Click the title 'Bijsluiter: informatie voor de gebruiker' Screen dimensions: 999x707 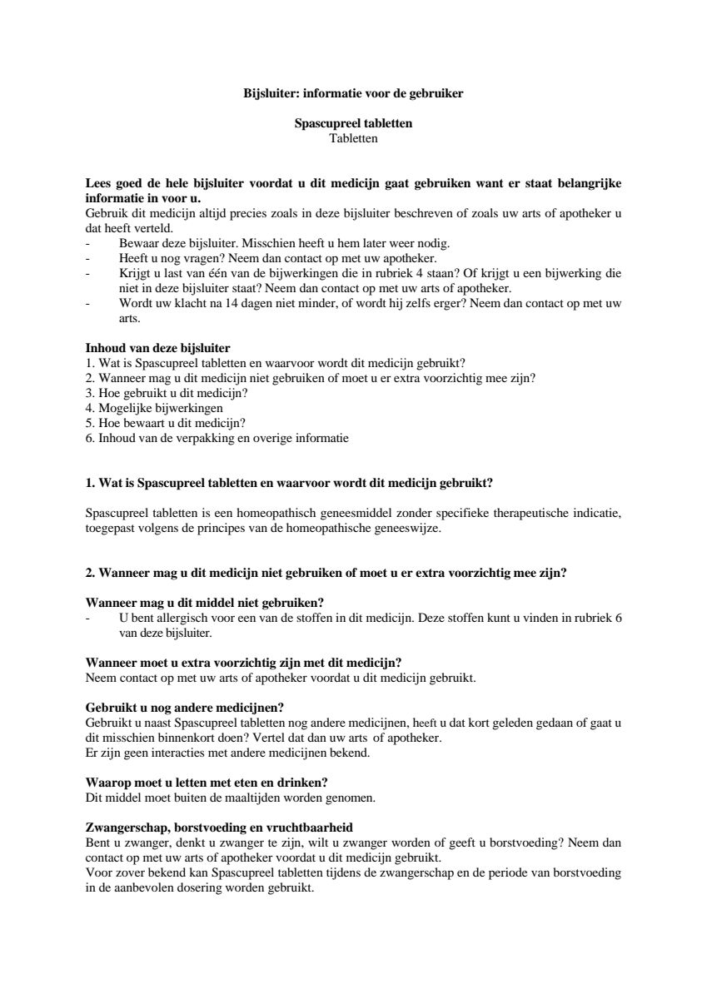pyautogui.click(x=353, y=94)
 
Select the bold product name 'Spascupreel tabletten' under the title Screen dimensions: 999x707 pyautogui.click(x=353, y=124)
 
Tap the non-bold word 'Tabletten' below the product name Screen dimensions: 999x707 pyautogui.click(x=353, y=138)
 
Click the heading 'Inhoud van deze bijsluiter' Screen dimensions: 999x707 pyautogui.click(x=158, y=347)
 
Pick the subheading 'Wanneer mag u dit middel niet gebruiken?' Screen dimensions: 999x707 pyautogui.click(x=205, y=602)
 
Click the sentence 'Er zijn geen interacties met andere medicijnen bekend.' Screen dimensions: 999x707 pyautogui.click(x=227, y=753)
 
